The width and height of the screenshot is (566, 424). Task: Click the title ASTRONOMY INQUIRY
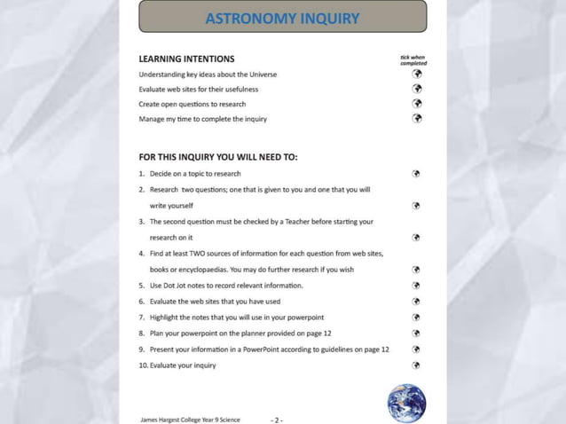tap(282, 18)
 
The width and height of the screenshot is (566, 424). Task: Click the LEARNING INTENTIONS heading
tap(187, 59)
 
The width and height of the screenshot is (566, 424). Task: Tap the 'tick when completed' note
tap(413, 60)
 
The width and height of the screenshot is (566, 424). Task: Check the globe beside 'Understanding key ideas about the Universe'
tap(416, 74)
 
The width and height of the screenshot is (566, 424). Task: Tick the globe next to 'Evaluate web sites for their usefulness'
tap(416, 89)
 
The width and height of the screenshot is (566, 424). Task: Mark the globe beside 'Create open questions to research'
tap(416, 103)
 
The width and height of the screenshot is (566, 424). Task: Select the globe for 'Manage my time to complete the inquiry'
tap(416, 118)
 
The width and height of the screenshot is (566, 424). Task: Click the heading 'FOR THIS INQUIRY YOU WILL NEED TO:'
tap(218, 157)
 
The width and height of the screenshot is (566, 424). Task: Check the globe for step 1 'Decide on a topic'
tap(416, 173)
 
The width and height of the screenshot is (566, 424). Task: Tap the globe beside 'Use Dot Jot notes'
tap(416, 286)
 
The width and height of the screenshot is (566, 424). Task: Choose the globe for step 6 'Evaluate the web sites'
tap(416, 302)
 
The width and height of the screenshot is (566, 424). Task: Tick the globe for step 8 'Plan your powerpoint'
tap(416, 334)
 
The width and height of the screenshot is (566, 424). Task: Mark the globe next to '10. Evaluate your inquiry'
tap(416, 365)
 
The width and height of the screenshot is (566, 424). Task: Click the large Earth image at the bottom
tap(406, 403)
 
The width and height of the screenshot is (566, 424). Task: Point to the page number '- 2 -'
tap(277, 419)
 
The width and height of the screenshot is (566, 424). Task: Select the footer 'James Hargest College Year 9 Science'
tap(190, 419)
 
